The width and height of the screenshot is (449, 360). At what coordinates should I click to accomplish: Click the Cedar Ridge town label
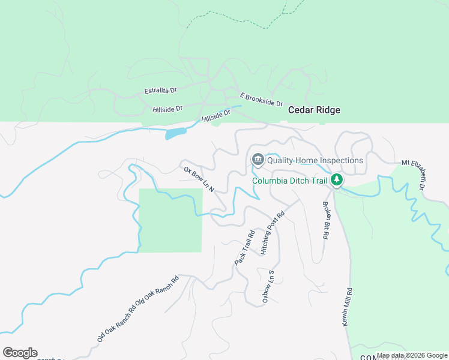tap(314, 110)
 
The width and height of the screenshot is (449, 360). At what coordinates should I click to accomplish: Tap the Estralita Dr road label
tap(161, 91)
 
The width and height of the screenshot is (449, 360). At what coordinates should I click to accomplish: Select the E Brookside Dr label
tap(261, 100)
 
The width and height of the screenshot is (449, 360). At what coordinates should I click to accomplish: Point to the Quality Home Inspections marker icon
tap(258, 160)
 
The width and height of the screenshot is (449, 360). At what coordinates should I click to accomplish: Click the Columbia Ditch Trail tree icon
tap(337, 179)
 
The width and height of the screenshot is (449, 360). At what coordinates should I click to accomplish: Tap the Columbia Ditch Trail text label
tap(289, 181)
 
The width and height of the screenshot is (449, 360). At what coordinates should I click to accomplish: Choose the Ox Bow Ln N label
tap(199, 179)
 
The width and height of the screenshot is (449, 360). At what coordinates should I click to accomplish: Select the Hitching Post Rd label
tap(272, 233)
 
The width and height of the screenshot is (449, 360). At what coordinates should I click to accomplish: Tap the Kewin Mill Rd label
tap(348, 307)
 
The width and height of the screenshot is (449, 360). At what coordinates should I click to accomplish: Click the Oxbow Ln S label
tap(268, 287)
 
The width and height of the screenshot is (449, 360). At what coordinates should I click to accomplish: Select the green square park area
tap(170, 220)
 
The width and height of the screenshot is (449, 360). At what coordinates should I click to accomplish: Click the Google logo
tap(20, 353)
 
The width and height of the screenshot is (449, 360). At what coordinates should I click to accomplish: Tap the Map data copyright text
tap(412, 356)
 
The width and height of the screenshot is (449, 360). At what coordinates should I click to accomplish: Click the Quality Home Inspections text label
tap(315, 160)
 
